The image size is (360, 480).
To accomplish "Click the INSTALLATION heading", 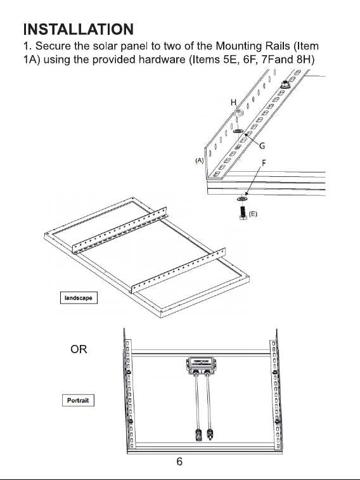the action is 79,29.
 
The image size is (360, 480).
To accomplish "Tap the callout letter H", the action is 234,102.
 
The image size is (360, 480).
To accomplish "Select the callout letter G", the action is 262,146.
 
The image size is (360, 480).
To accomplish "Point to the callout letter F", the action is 264,162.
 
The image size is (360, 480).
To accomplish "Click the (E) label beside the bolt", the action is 253,214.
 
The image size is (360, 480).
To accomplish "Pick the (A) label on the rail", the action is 200,160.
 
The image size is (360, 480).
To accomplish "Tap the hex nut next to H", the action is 238,112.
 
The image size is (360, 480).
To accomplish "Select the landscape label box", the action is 79,298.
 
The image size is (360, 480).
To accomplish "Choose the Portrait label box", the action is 79,400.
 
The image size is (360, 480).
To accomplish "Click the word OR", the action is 79,349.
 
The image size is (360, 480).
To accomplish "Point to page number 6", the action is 179,462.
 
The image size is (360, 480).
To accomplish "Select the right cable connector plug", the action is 210,434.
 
